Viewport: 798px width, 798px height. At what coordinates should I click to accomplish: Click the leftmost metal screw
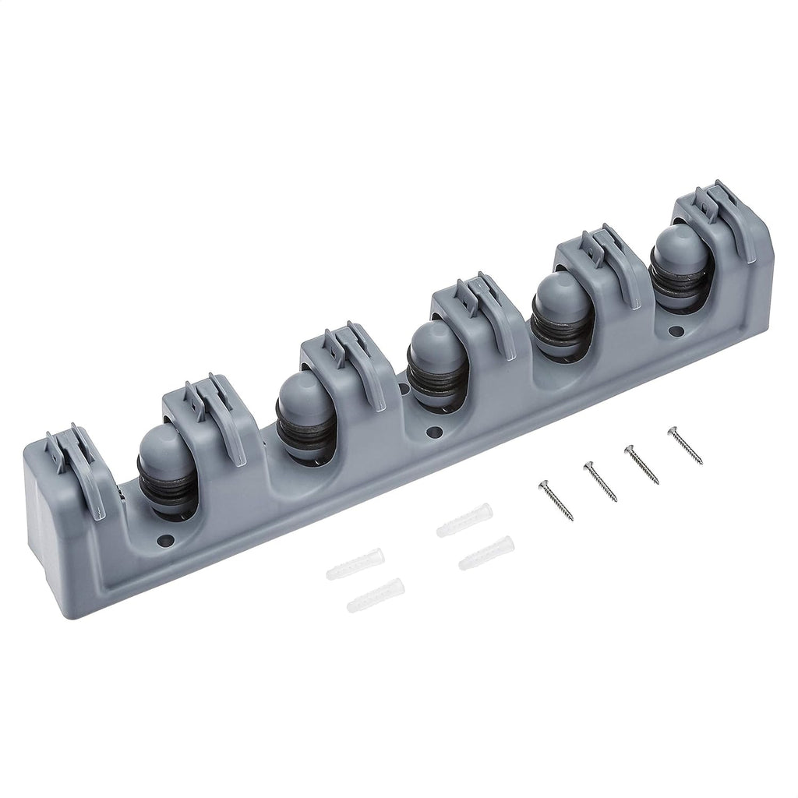(x=555, y=501)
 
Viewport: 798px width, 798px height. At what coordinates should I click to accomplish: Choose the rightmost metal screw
(x=683, y=444)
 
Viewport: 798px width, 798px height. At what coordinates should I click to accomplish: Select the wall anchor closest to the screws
(x=486, y=552)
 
